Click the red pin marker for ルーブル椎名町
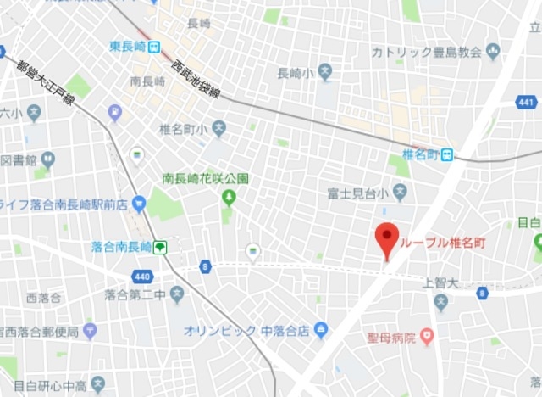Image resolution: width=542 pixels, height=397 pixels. pos(387,238)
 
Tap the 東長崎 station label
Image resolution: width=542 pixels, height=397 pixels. pos(128,47)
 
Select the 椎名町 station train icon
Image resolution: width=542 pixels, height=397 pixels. pos(445,154)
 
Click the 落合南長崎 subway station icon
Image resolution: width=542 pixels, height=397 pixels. pos(159,247)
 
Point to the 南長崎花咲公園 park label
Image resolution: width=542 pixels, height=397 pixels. pos(205,179)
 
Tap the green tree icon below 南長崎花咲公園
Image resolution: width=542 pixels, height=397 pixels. pos(228,198)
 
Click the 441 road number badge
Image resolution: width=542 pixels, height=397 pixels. pos(526,103)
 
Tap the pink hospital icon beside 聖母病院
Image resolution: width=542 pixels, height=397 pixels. pos(427,338)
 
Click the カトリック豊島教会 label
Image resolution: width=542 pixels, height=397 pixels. pos(425,52)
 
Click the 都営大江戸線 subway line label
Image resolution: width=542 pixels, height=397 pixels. pos(45,85)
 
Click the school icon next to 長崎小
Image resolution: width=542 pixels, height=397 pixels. pos(324,74)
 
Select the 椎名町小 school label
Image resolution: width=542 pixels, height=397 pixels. pos(183,130)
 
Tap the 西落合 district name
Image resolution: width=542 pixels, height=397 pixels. pos(43,298)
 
